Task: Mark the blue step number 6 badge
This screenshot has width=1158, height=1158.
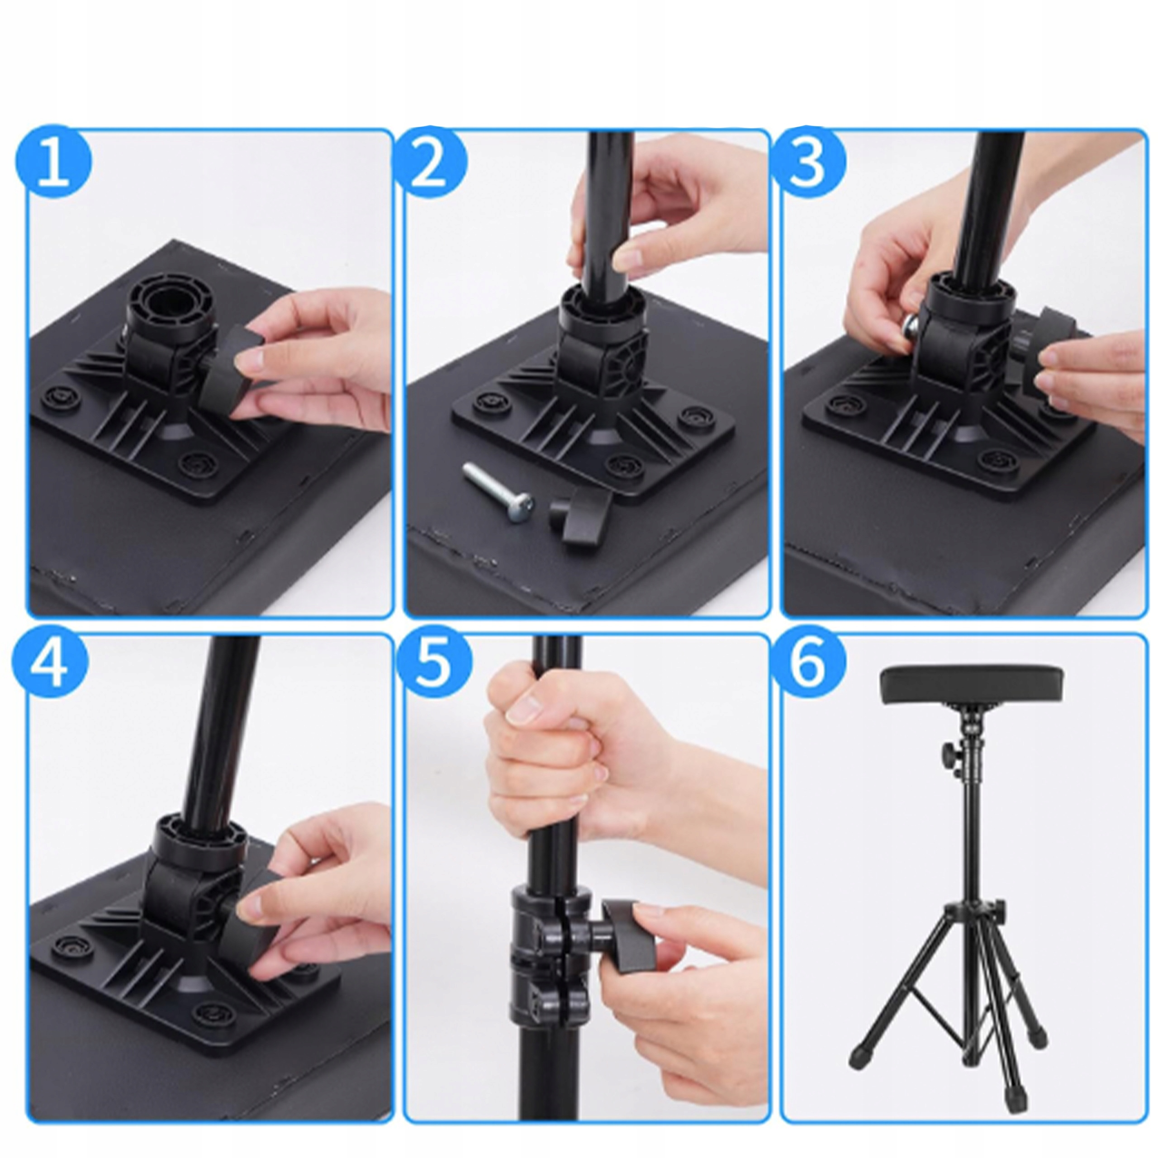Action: click(808, 666)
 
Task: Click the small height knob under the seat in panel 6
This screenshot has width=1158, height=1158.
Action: click(949, 750)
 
